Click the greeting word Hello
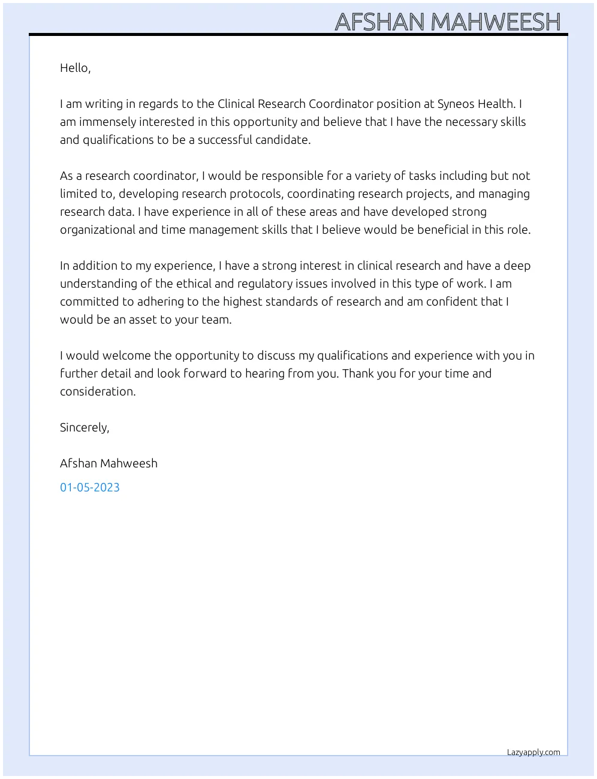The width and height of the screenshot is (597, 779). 74,68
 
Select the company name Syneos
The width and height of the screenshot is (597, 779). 456,104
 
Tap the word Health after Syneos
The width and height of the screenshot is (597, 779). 496,104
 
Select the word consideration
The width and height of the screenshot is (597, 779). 98,392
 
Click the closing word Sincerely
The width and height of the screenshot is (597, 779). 84,428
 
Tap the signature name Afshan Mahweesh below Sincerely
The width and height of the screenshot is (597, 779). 108,464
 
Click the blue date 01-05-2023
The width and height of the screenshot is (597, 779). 90,488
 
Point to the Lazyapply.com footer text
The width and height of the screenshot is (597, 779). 533,753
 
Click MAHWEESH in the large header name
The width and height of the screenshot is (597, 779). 495,22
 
